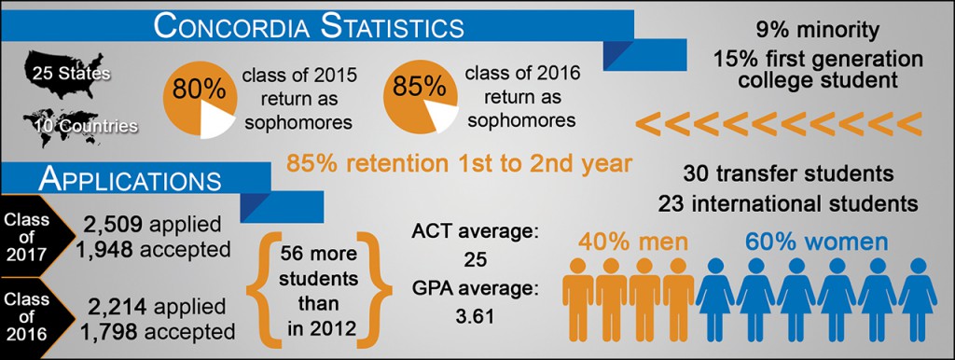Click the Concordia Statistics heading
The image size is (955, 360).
click(x=309, y=28)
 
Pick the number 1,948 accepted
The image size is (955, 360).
click(x=154, y=250)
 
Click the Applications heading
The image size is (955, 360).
click(x=129, y=180)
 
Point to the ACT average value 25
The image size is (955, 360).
click(x=474, y=260)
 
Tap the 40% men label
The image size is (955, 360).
click(x=633, y=242)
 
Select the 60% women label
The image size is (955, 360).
click(x=817, y=242)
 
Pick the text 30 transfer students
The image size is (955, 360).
click(x=788, y=174)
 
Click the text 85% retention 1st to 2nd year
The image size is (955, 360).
click(x=459, y=164)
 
